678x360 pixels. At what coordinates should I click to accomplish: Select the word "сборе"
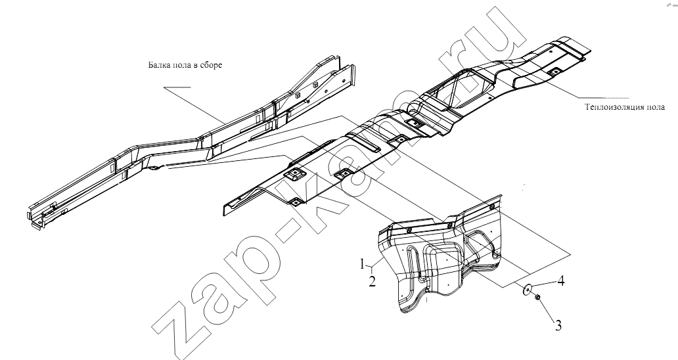[x=211, y=66]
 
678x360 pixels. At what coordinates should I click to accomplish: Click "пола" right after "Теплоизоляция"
[x=652, y=108]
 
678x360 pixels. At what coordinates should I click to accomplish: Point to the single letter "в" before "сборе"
[x=195, y=66]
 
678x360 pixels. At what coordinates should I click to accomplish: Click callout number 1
[x=363, y=264]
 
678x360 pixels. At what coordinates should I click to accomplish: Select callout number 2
[x=372, y=282]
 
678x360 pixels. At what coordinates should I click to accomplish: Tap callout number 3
[x=558, y=325]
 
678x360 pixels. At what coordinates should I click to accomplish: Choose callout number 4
[x=561, y=281]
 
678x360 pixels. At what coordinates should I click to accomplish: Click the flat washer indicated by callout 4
[x=527, y=290]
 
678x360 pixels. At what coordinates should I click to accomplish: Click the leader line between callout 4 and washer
[x=543, y=285]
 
